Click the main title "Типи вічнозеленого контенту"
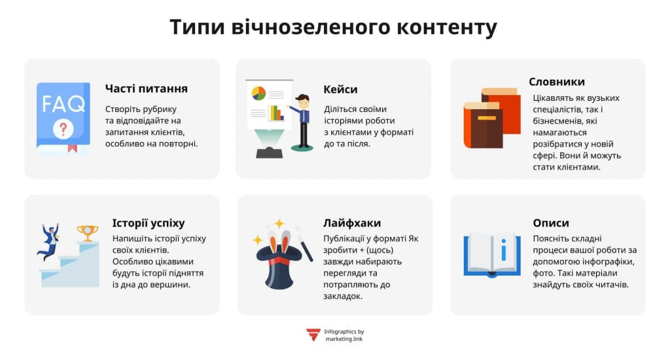[334, 27]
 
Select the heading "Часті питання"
[147, 88]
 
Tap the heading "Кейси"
[340, 89]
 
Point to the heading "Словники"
[557, 82]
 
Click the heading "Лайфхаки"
[352, 223]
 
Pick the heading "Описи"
[551, 223]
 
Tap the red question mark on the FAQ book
[63, 128]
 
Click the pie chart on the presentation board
[258, 93]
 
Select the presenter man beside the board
[302, 121]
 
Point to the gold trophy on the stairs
[87, 232]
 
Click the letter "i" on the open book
[504, 250]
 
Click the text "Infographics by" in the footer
[344, 331]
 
